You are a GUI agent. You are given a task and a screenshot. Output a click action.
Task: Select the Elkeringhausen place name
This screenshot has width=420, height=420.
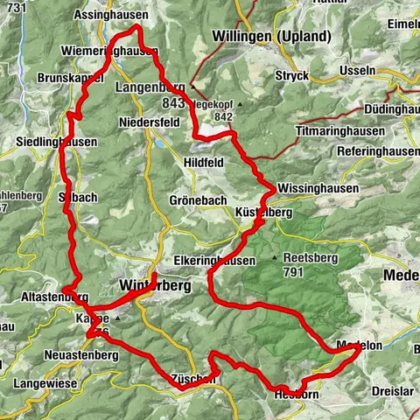coord(214,261)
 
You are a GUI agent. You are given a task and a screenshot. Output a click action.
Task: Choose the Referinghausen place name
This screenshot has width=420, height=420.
coord(378,150)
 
